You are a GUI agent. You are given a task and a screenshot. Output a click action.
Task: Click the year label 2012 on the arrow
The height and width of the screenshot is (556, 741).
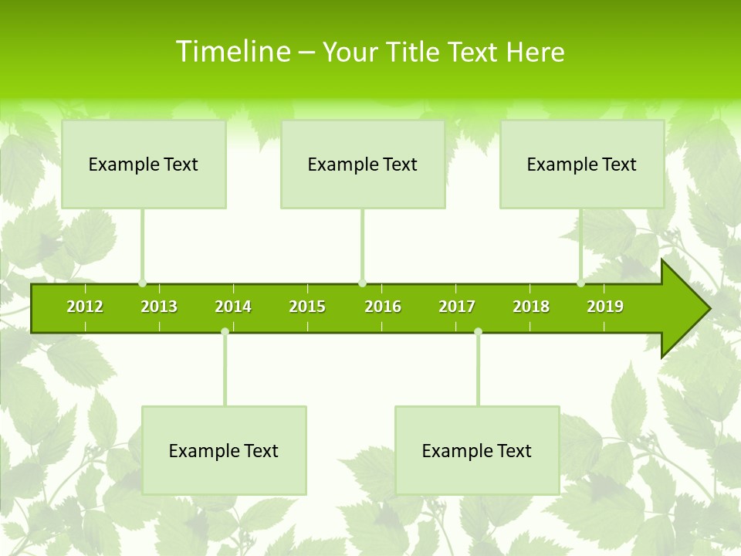[x=85, y=307]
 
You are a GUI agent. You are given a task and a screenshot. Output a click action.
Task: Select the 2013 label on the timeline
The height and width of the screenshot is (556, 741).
[x=159, y=307]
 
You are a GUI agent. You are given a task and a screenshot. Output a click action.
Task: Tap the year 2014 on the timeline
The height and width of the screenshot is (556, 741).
[x=233, y=307]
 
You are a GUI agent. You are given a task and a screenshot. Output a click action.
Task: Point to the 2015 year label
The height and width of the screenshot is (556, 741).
[x=307, y=307]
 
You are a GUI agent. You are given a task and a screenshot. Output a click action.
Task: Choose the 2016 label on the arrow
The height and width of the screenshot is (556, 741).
[x=383, y=307]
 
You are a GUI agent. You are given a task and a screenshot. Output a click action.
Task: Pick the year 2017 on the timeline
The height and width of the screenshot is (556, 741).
[x=457, y=307]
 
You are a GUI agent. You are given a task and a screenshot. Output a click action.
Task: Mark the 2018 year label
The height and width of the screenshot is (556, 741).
[x=531, y=307]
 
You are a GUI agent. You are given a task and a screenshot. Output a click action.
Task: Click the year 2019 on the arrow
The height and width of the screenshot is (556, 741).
[x=605, y=307]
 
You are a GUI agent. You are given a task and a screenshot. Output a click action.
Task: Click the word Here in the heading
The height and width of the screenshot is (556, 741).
[x=536, y=52]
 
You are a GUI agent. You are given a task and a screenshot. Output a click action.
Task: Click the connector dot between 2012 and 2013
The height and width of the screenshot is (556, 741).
[x=142, y=283]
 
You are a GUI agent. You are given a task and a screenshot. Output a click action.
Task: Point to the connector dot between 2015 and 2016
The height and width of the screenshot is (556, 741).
[x=362, y=283]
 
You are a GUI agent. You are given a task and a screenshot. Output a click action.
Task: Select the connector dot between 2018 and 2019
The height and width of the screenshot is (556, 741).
[x=580, y=283]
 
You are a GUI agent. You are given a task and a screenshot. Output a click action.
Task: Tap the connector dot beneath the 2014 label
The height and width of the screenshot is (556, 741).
[x=225, y=332]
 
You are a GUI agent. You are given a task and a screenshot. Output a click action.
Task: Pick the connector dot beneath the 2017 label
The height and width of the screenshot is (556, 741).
[x=478, y=332]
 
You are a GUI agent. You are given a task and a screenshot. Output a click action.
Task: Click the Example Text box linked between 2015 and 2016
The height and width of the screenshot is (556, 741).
[x=363, y=164]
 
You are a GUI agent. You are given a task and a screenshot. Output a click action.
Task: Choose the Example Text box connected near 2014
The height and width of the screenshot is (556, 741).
[x=224, y=450]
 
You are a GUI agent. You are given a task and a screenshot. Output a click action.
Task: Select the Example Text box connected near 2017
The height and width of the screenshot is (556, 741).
[x=477, y=450]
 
